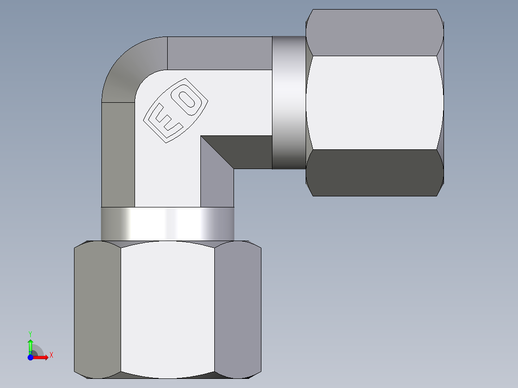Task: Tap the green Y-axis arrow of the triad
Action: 30,344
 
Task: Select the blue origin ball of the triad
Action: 30,357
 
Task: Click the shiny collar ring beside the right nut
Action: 289,103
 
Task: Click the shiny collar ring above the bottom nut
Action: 167,224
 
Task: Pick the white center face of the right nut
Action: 374,103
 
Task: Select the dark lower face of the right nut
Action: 374,173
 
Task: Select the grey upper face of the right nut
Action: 374,33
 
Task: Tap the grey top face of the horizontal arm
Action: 219,53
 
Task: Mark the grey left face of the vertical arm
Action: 118,154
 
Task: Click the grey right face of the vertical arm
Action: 217,187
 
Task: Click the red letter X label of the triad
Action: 51,355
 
